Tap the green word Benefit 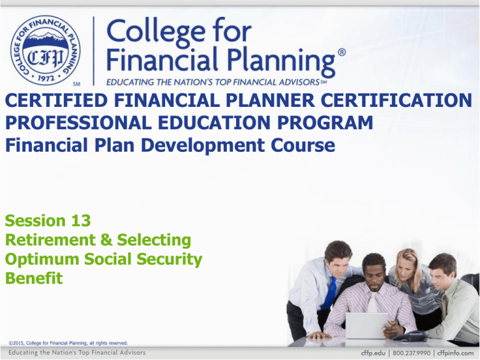tap(33, 278)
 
